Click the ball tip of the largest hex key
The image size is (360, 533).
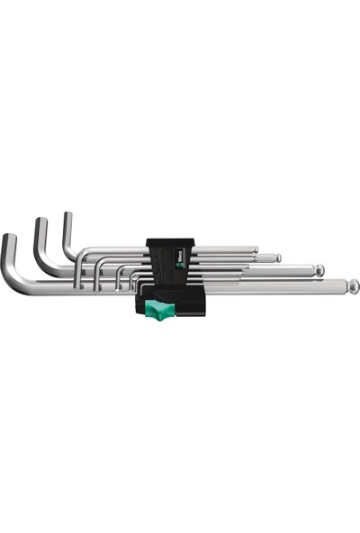[x=354, y=285]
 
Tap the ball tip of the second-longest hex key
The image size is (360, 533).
[x=319, y=269]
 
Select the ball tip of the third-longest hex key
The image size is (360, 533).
[x=277, y=258]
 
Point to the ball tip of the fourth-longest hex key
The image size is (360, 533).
[x=255, y=249]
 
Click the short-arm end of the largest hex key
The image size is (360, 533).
[x=8, y=240]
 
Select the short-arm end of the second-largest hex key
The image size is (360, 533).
[x=40, y=224]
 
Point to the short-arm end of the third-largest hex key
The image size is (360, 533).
[x=67, y=217]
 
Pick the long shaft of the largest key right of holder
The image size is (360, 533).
[x=288, y=286]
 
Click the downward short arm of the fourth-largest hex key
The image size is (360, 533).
[x=78, y=275]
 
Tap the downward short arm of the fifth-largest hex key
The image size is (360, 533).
[x=96, y=276]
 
